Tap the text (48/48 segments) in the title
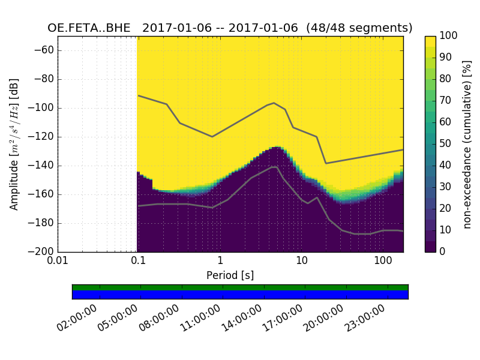[x=359, y=28]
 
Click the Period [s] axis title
[x=230, y=275]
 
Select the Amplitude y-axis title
[x=14, y=144]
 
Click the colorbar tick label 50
[x=446, y=144]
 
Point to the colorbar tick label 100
[x=448, y=36]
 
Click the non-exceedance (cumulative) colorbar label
[x=469, y=144]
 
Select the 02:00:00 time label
[x=77, y=318]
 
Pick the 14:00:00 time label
[x=242, y=318]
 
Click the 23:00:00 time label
[x=365, y=318]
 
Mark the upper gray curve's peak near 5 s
[x=274, y=103]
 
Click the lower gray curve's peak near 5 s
[x=274, y=167]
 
